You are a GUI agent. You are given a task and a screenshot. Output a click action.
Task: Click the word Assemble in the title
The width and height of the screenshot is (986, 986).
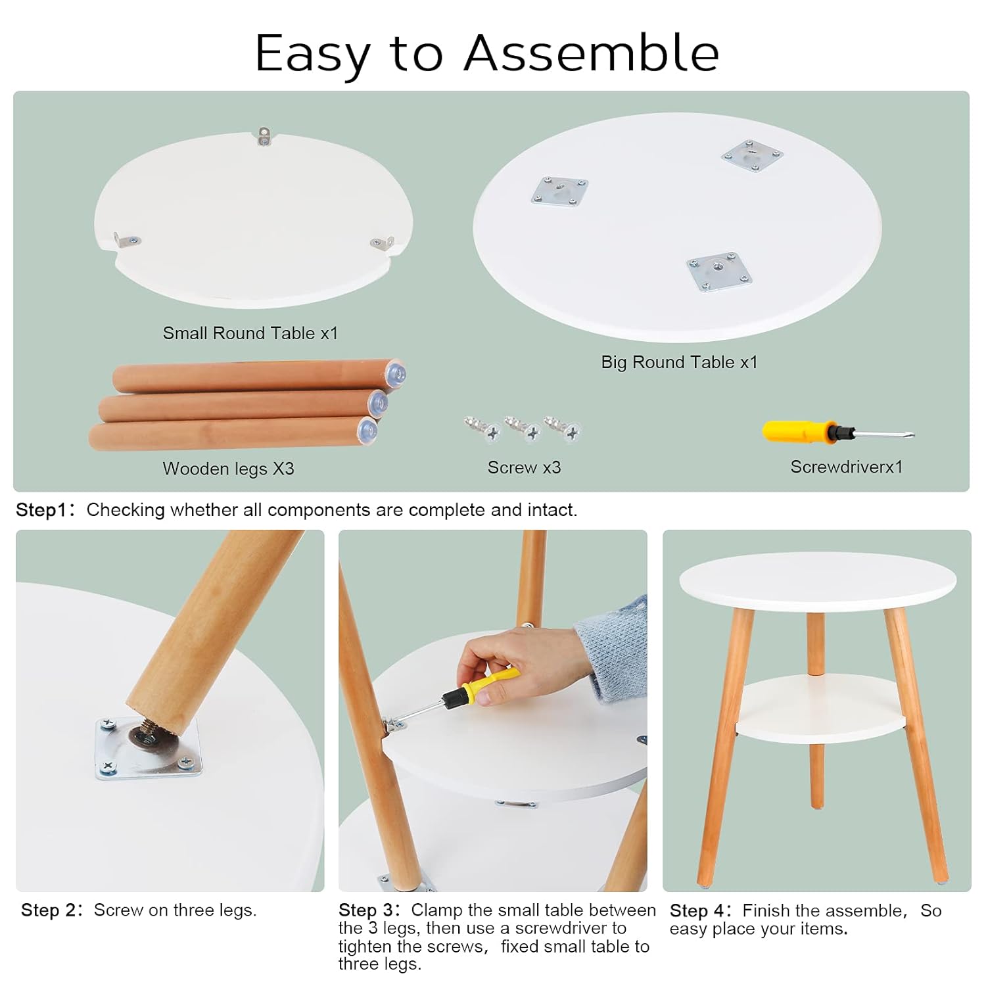[x=591, y=53]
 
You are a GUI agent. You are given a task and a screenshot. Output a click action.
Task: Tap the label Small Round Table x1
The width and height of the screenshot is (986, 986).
[x=250, y=333]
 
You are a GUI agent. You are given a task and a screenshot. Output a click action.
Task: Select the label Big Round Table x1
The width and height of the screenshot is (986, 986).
[x=679, y=362]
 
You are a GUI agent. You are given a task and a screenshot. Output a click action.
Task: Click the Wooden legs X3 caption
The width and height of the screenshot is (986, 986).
[x=228, y=469]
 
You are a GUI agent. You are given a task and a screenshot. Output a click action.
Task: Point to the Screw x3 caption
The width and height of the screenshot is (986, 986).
[x=524, y=467]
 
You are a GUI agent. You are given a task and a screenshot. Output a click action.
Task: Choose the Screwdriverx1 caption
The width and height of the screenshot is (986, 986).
[x=846, y=467]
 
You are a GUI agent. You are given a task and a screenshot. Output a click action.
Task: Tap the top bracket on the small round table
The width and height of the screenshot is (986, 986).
[x=264, y=135]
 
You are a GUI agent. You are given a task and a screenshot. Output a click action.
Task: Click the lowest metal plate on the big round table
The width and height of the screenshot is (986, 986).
[x=719, y=271]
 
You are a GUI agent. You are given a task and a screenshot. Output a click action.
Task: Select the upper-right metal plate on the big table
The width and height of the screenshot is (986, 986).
[x=752, y=156]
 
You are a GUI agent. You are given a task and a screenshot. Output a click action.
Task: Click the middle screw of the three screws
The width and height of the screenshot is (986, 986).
[x=523, y=429]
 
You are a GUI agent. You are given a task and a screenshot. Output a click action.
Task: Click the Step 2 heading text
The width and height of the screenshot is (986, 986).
[x=50, y=910]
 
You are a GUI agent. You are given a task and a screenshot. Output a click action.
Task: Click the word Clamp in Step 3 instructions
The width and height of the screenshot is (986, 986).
[x=436, y=910]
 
